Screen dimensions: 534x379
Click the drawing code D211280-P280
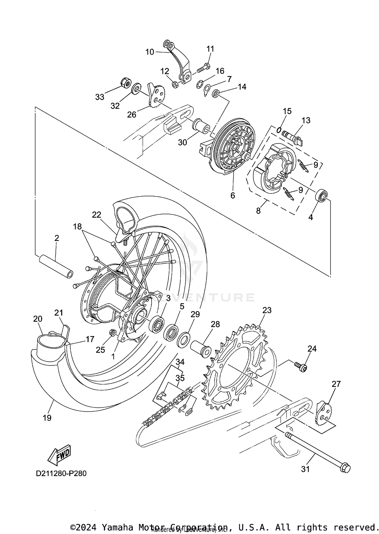(61, 473)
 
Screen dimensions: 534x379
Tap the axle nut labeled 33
(125, 83)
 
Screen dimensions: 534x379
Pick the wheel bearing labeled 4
(322, 195)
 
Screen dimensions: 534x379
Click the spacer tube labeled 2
(56, 266)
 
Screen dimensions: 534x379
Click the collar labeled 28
(200, 349)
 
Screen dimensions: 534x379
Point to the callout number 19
(47, 418)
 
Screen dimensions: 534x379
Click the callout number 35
(180, 378)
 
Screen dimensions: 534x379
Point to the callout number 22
(97, 215)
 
